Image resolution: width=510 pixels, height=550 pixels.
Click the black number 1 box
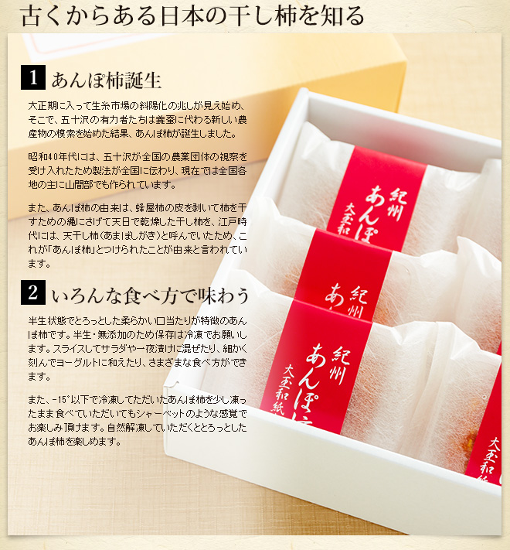pyautogui.click(x=33, y=77)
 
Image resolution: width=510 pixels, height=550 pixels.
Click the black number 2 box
pyautogui.click(x=33, y=292)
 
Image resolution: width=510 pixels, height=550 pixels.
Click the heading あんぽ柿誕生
pyautogui.click(x=107, y=80)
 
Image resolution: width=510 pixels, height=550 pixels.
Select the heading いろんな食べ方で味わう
pyautogui.click(x=150, y=295)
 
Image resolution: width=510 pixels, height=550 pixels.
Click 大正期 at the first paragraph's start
pyautogui.click(x=42, y=105)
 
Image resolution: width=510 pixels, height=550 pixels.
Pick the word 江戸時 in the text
pyautogui.click(x=233, y=222)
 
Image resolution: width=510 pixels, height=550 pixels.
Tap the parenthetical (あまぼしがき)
pyautogui.click(x=130, y=235)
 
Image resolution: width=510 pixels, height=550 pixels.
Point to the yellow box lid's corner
pyautogui.click(x=406, y=62)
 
